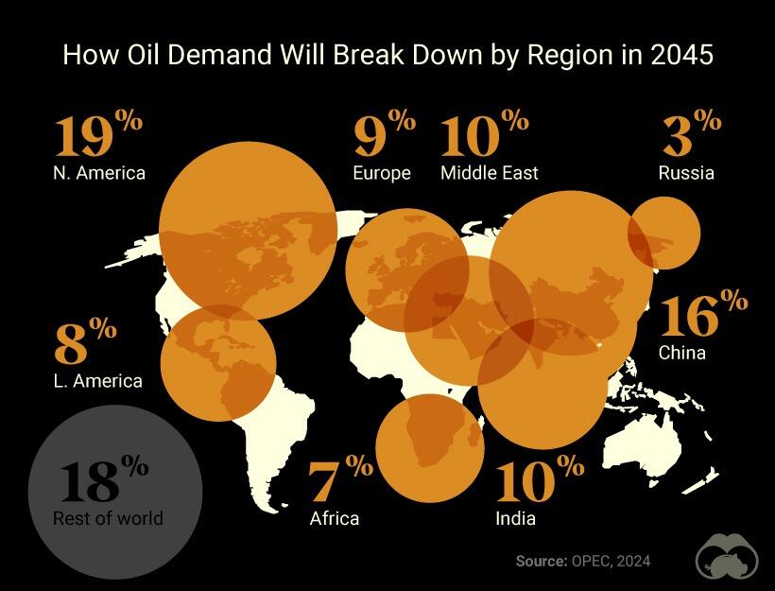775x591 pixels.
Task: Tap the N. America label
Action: (99, 173)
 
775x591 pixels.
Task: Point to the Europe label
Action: (382, 173)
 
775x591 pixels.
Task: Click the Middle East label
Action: (490, 173)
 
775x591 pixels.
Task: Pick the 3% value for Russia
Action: (691, 135)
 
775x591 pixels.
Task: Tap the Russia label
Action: (686, 173)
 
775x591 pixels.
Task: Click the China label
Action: (682, 354)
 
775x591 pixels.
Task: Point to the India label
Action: (515, 518)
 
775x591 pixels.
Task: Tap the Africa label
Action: (335, 518)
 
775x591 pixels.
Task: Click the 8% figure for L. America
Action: (84, 342)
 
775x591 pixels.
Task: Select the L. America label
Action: (98, 381)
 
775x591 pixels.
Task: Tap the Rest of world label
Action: (108, 518)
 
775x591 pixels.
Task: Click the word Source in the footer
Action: (540, 561)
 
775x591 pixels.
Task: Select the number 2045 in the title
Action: (681, 55)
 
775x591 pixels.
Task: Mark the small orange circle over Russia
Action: (664, 234)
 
